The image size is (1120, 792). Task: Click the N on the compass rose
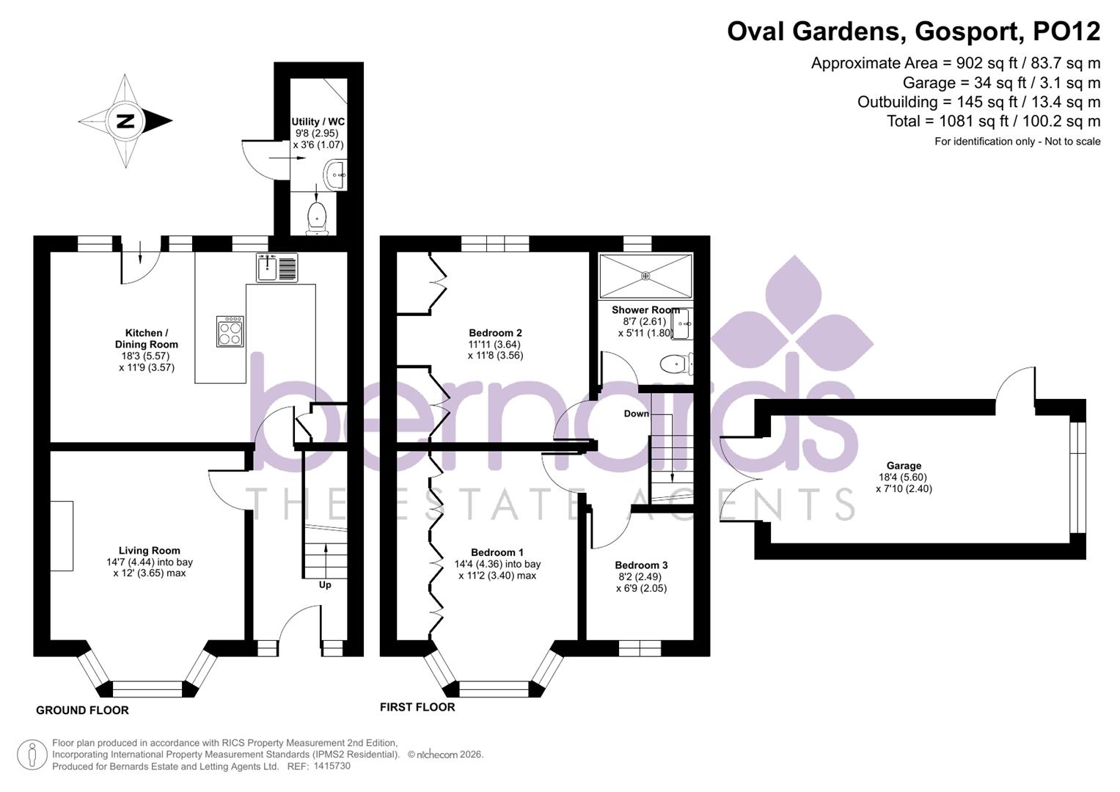pyautogui.click(x=125, y=121)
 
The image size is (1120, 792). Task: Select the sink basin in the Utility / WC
pyautogui.click(x=336, y=174)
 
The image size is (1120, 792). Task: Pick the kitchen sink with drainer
pyautogui.click(x=277, y=267)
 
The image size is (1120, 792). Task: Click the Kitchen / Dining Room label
pyautogui.click(x=147, y=338)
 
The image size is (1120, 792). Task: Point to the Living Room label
pyautogui.click(x=150, y=550)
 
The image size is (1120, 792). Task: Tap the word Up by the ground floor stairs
pyautogui.click(x=325, y=584)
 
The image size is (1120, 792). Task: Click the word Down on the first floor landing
pyautogui.click(x=636, y=414)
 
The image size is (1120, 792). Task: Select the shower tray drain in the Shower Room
pyautogui.click(x=645, y=276)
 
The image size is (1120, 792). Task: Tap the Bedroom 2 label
pyautogui.click(x=495, y=332)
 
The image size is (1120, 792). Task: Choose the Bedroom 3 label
pyautogui.click(x=641, y=565)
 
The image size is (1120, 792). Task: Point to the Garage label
pyautogui.click(x=904, y=465)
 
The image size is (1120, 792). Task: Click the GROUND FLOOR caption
pyautogui.click(x=82, y=710)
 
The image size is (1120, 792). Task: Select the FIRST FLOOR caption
pyautogui.click(x=417, y=707)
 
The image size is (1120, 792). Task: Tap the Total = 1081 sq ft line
pyautogui.click(x=993, y=121)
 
